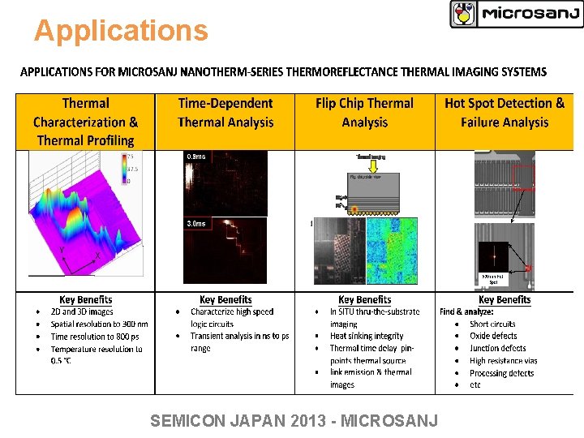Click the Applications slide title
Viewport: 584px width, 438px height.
coord(121,31)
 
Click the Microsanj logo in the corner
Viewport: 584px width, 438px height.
coord(516,14)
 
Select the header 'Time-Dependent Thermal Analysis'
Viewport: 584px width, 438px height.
coord(225,113)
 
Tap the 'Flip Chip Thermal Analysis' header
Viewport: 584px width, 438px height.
coord(364,113)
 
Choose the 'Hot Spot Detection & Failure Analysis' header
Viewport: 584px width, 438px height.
coord(504,113)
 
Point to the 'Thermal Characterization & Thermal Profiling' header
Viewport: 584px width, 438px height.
coord(85,122)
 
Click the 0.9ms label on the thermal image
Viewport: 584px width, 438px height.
coord(196,156)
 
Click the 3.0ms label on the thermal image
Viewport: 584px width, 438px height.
coord(196,223)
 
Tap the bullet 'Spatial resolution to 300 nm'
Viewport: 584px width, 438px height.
coord(99,324)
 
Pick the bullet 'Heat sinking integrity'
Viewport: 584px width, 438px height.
coord(366,336)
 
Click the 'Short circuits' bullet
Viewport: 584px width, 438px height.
coord(492,324)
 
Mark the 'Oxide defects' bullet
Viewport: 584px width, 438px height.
coord(492,336)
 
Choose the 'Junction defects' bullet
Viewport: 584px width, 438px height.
coord(497,348)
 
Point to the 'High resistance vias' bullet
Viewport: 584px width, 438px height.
coord(503,360)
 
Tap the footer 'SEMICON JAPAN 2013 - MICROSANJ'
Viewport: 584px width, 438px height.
coord(294,420)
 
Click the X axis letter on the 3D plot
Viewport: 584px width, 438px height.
coord(98,255)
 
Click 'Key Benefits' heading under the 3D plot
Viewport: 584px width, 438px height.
coord(85,300)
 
